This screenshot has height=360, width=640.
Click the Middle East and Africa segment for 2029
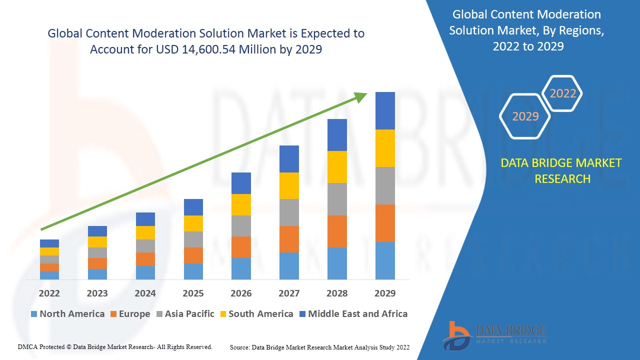click(x=385, y=110)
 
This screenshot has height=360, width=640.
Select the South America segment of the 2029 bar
click(x=385, y=148)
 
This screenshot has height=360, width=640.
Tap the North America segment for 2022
click(x=49, y=275)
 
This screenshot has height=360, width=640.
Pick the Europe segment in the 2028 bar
click(x=337, y=231)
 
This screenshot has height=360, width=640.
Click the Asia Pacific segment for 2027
click(x=289, y=212)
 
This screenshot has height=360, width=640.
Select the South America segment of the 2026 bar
click(x=241, y=204)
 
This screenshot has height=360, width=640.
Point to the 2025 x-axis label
click(x=193, y=293)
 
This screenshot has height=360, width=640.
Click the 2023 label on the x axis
click(x=97, y=293)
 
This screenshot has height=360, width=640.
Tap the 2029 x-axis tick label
click(x=385, y=293)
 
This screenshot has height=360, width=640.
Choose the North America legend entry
click(x=67, y=314)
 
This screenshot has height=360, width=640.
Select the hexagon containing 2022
click(x=562, y=93)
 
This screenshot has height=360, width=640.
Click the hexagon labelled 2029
click(x=525, y=116)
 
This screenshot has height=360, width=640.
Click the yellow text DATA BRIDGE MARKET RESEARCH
click(x=561, y=171)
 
